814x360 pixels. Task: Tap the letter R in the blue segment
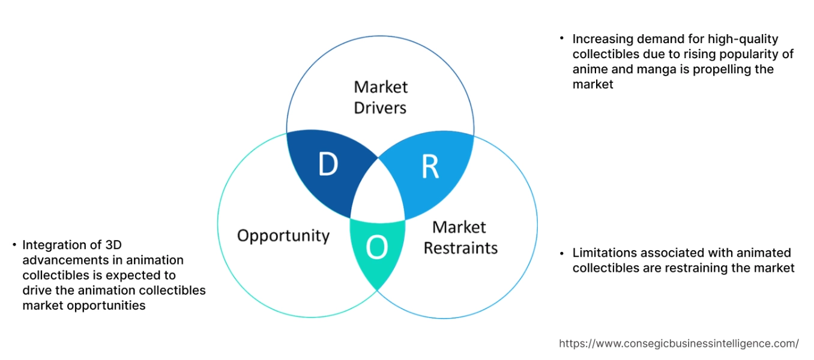point(430,167)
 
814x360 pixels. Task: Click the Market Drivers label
point(380,97)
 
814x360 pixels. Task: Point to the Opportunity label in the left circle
point(283,235)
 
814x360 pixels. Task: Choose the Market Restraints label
point(460,238)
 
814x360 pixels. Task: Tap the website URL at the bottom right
point(678,344)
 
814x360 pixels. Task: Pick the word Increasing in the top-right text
point(602,39)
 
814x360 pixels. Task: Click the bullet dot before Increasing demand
point(562,38)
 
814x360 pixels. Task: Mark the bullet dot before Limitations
point(562,252)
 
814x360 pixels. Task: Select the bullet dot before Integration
point(14,245)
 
